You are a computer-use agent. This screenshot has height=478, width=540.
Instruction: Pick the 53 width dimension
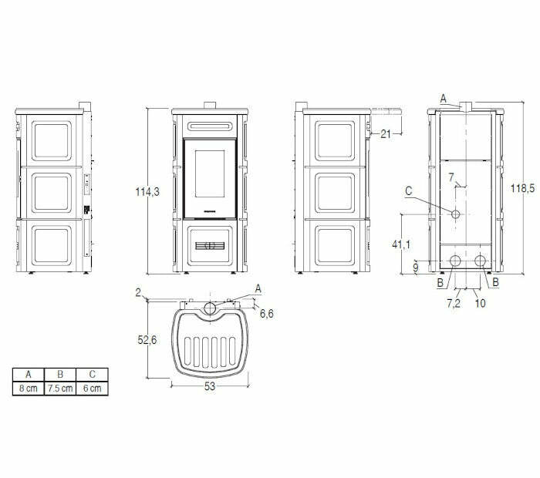[209, 386]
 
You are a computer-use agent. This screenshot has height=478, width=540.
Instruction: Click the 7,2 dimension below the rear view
[454, 304]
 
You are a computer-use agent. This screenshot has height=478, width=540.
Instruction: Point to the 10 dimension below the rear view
[481, 304]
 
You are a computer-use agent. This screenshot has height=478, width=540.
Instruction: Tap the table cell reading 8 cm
[29, 389]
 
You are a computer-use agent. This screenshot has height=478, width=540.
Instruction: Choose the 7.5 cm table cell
[60, 389]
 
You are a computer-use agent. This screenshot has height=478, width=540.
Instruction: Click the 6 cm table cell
[92, 389]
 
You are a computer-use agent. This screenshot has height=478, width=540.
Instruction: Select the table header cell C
[92, 375]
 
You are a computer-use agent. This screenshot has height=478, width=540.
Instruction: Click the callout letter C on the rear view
[409, 189]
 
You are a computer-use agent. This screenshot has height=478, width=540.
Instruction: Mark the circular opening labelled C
[457, 213]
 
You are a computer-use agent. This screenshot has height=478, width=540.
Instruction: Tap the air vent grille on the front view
[210, 247]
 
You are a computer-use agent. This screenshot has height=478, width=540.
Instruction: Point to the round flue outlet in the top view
[210, 309]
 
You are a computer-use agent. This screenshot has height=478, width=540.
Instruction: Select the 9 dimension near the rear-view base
[416, 268]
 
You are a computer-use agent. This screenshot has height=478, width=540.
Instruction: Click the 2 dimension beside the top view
[137, 292]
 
